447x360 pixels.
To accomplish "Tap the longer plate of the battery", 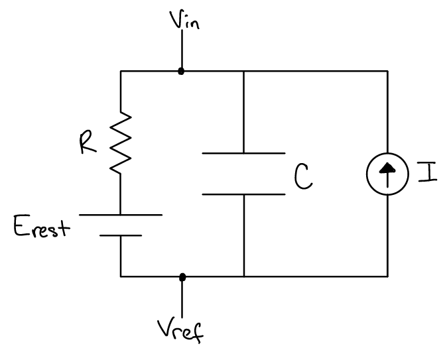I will tap(121, 215).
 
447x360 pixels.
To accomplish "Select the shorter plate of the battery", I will tap(121, 235).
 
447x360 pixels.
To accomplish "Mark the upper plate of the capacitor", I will tap(243, 153).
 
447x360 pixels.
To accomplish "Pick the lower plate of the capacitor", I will tap(243, 194).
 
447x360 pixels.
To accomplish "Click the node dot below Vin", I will tap(181, 70).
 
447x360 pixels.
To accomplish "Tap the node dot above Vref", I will tap(182, 276).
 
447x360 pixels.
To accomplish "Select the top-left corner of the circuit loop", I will tap(121, 70).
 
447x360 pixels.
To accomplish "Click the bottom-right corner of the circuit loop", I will tap(387, 276).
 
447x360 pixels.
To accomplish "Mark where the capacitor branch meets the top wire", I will tap(243, 70).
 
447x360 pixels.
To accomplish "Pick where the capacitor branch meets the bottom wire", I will tap(243, 276).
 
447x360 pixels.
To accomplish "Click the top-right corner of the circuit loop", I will tap(387, 70).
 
